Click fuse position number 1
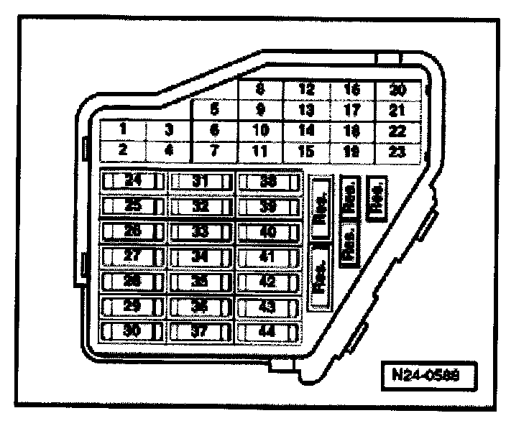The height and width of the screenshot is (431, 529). (123, 130)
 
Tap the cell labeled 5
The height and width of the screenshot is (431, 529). (215, 110)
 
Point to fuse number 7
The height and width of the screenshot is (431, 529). (215, 151)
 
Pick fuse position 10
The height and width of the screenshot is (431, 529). (260, 131)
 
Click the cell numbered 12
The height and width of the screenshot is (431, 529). (306, 90)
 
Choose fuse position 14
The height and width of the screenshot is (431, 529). (306, 131)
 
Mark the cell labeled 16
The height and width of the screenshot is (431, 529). (351, 90)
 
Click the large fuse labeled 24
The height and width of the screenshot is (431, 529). (132, 181)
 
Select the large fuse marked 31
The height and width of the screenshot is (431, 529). (201, 181)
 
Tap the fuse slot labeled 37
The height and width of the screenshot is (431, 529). (201, 331)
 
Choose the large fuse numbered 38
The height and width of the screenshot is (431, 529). (267, 181)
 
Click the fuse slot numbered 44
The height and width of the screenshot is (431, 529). (267, 331)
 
